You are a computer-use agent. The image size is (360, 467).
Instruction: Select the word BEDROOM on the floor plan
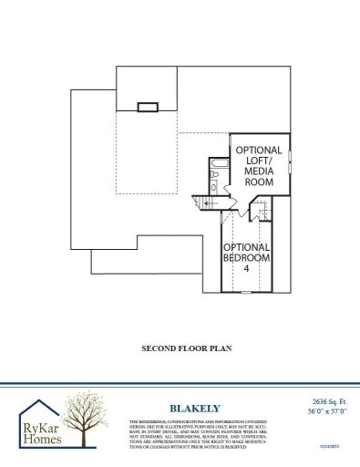246,258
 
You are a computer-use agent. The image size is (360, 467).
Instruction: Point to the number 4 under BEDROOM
246,269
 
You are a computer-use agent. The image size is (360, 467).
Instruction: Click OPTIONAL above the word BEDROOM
246,247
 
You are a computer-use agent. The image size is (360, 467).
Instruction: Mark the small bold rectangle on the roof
148,108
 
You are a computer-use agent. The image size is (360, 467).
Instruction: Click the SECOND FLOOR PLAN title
180,348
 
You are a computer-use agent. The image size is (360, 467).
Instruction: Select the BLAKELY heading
189,408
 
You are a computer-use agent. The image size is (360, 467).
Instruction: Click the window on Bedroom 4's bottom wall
246,292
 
